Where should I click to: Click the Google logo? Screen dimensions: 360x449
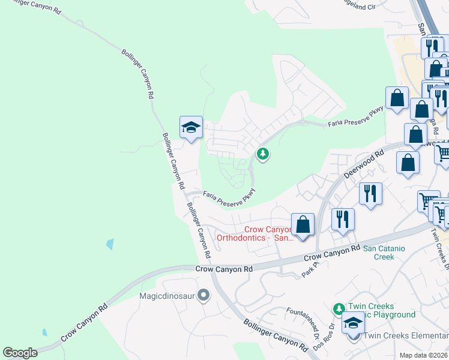pos(20,353)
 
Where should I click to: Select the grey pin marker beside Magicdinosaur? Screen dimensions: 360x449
pos(204,295)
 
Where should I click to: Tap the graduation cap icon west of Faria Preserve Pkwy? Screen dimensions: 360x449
pos(191,128)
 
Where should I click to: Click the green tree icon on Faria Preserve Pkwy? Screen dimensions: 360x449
pos(262,154)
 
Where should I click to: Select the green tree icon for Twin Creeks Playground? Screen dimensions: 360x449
pos(339,308)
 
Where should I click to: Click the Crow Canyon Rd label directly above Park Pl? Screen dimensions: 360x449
pos(332,252)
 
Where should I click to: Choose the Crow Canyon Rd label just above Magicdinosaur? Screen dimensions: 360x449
pos(224,269)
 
